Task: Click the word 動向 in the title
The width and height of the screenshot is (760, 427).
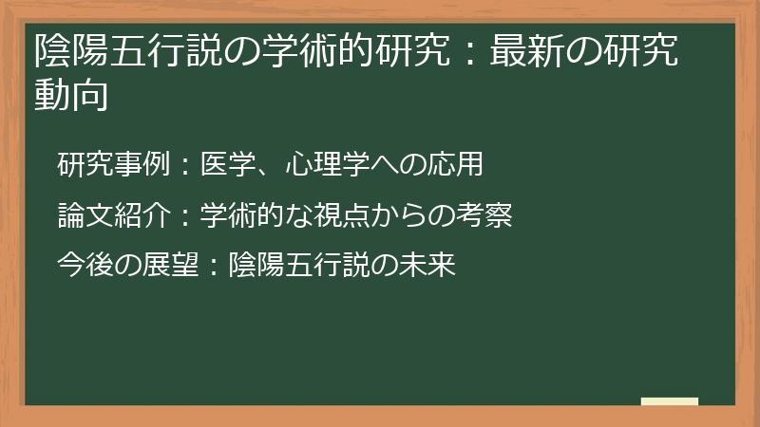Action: pos(68,97)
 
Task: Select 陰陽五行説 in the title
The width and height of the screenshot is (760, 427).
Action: pos(123,52)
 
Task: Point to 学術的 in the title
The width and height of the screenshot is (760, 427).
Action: pos(325,52)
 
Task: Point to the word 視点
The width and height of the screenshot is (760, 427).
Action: pos(354,215)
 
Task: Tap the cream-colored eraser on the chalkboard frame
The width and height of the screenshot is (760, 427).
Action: pos(670,402)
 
